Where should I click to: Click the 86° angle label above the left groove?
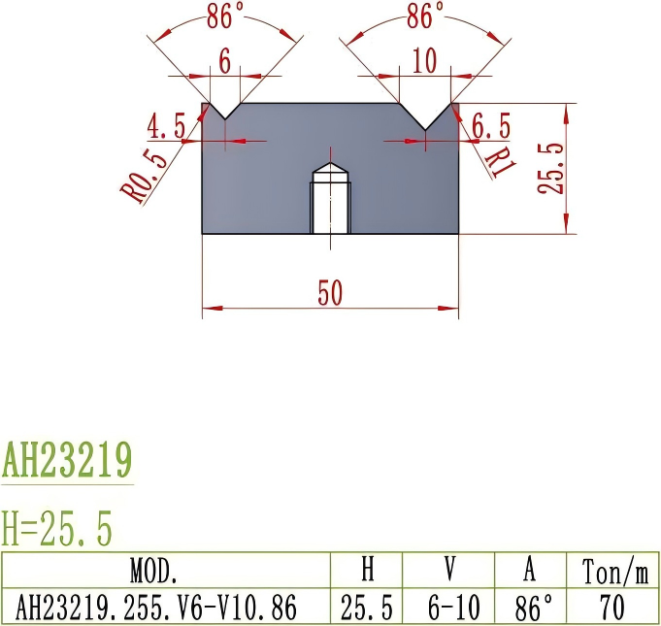point(225,16)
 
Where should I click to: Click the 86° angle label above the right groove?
point(425,16)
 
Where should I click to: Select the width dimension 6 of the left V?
point(224,61)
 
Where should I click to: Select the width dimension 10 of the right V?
point(424,61)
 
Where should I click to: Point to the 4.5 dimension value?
point(167,125)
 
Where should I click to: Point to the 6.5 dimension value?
point(491,125)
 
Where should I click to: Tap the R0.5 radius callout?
point(144,169)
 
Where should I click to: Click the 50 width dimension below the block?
point(330,293)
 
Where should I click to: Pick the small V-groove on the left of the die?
point(225,111)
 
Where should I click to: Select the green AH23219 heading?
point(67,459)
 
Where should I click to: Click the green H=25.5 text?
point(57,529)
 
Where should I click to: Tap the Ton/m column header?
point(614,570)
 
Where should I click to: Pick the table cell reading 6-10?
point(454,608)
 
